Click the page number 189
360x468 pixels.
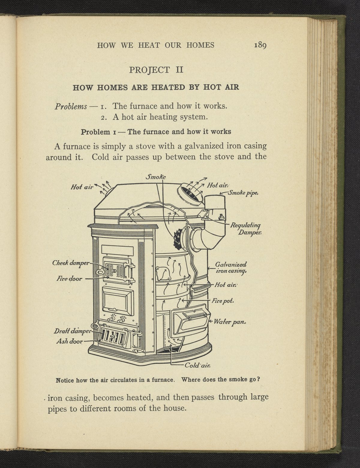click(x=260, y=45)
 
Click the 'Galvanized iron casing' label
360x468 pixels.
click(x=231, y=268)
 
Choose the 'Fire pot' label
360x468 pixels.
click(x=223, y=301)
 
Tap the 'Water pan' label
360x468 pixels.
click(x=230, y=322)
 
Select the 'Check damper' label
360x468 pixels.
click(x=71, y=263)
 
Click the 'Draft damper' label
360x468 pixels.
click(x=72, y=331)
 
